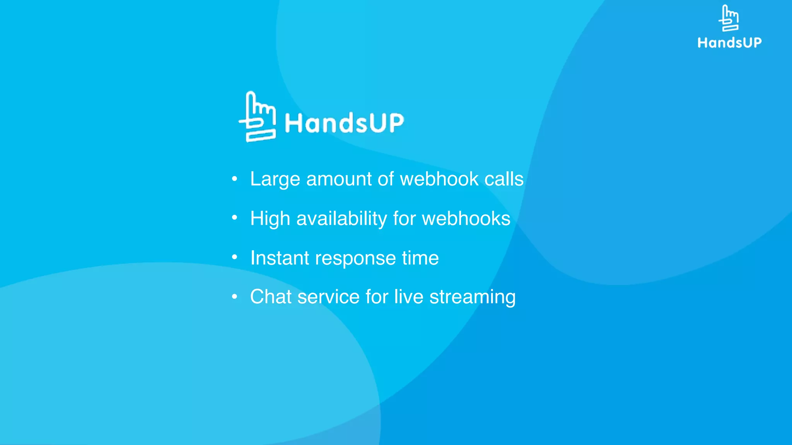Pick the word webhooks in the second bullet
(466, 219)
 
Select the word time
(420, 258)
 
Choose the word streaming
(472, 297)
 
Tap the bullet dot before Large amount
(234, 179)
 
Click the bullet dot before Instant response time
(234, 257)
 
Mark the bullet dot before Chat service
(234, 297)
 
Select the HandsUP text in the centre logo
(344, 123)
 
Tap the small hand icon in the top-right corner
(729, 18)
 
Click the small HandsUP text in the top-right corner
(729, 42)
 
